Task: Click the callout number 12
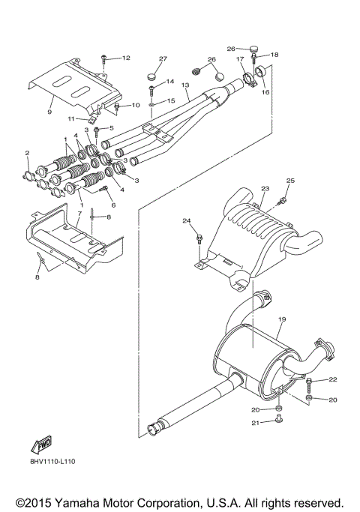pyautogui.click(x=125, y=58)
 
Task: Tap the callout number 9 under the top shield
pyautogui.click(x=49, y=112)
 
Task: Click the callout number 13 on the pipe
pyautogui.click(x=185, y=86)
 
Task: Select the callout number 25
pyautogui.click(x=291, y=181)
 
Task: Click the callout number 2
pyautogui.click(x=27, y=154)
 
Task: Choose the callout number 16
pyautogui.click(x=264, y=93)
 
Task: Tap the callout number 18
pyautogui.click(x=274, y=55)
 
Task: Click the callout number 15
pyautogui.click(x=171, y=100)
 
